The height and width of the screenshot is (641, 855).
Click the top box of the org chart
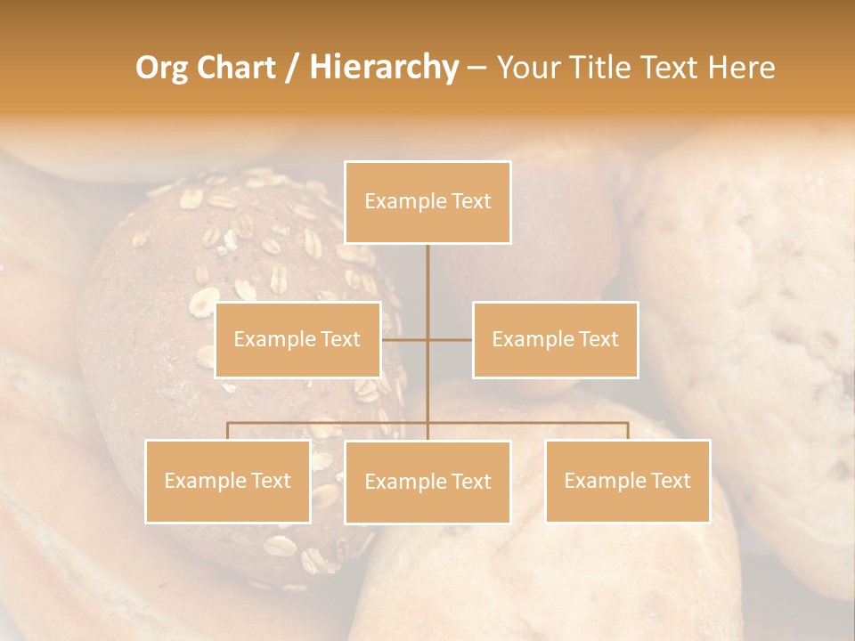click(427, 202)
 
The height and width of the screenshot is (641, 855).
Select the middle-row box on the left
click(297, 339)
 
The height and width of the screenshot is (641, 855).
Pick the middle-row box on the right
click(555, 339)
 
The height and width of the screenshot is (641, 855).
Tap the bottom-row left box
click(228, 481)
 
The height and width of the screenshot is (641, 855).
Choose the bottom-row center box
click(427, 482)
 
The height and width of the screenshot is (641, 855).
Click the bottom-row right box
click(627, 481)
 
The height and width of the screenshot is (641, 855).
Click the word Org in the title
click(161, 68)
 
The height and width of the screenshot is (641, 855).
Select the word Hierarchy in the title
click(383, 68)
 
